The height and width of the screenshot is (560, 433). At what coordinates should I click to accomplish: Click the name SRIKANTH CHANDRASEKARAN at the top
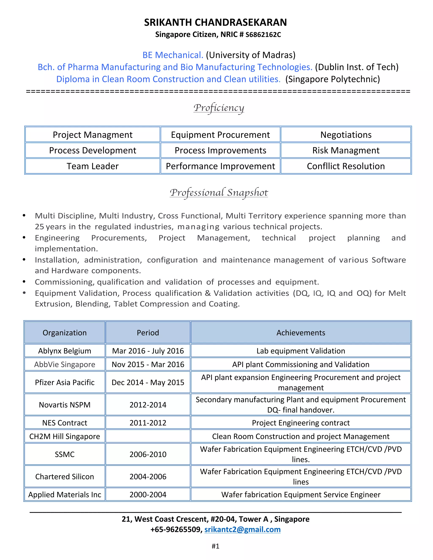coord(215,23)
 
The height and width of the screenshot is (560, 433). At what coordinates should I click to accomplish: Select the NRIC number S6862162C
coord(263,35)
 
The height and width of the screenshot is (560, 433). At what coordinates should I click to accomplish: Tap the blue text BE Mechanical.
coord(173,55)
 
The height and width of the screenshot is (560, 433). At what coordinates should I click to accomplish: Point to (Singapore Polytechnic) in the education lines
coord(332,79)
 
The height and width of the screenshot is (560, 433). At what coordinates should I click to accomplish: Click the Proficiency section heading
coord(219,108)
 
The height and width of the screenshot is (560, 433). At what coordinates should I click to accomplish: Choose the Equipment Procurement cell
coord(220,135)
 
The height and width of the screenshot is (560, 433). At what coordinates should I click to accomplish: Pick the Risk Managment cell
coord(345,150)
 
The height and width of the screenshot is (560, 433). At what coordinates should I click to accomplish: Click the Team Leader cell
coord(93,166)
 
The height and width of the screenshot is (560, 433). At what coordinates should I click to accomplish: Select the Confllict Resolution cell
coord(345,166)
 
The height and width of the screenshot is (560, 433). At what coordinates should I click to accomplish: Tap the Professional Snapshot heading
coord(219,193)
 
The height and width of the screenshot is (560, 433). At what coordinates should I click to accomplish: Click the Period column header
coord(148,333)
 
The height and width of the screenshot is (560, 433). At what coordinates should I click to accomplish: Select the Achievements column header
coord(301,333)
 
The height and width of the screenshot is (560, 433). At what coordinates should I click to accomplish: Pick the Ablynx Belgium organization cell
coord(65,351)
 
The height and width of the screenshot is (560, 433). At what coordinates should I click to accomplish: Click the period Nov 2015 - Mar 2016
coord(148,364)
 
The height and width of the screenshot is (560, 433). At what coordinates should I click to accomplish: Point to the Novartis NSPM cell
coord(65,405)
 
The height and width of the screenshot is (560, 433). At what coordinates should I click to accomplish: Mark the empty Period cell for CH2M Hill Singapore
coord(148,436)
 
